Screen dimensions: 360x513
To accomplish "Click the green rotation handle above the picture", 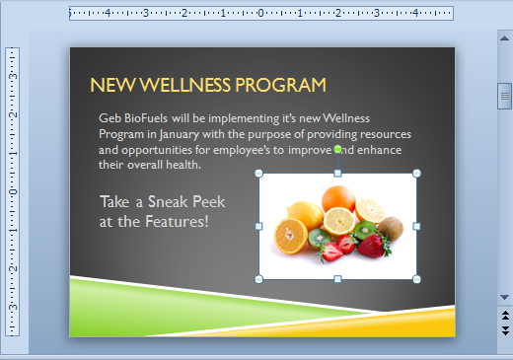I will [337, 149].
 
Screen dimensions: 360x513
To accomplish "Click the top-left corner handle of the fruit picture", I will [259, 174].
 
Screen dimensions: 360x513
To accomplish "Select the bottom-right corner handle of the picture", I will [416, 279].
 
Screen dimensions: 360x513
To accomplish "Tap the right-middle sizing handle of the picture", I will [416, 227].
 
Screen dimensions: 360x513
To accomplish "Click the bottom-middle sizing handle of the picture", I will [337, 279].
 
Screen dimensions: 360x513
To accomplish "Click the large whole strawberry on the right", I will [372, 246].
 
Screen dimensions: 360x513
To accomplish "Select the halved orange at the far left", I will [291, 235].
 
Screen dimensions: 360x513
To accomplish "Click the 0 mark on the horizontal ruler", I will [260, 14].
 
